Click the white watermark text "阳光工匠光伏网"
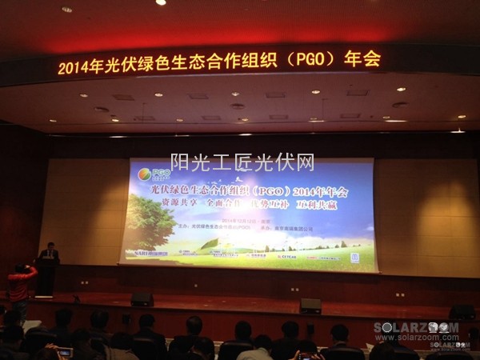(241, 162)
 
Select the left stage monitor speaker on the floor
(142, 299)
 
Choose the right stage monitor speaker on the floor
(310, 306)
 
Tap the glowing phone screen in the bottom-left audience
(64, 352)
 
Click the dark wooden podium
(46, 276)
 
